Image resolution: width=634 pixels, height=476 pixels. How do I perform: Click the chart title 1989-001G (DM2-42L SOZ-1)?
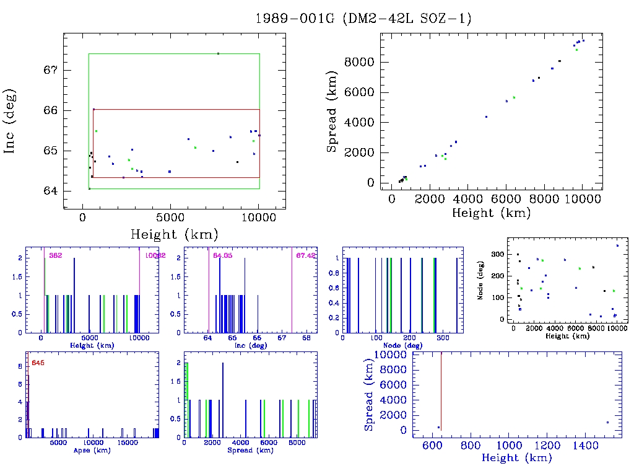363,19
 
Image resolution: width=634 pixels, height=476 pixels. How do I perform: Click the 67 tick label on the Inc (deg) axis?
50,70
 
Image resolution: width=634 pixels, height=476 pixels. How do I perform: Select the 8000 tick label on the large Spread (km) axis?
360,63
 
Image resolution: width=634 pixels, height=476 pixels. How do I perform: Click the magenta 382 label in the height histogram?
55,255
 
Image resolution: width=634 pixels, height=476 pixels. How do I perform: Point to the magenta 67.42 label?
306,255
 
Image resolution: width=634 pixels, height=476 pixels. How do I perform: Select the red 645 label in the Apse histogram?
37,362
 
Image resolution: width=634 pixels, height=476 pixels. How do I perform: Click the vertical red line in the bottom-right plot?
441,390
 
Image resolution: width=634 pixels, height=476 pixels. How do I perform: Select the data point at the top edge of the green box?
218,53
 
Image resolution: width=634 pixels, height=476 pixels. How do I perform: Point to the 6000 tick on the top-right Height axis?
506,199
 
